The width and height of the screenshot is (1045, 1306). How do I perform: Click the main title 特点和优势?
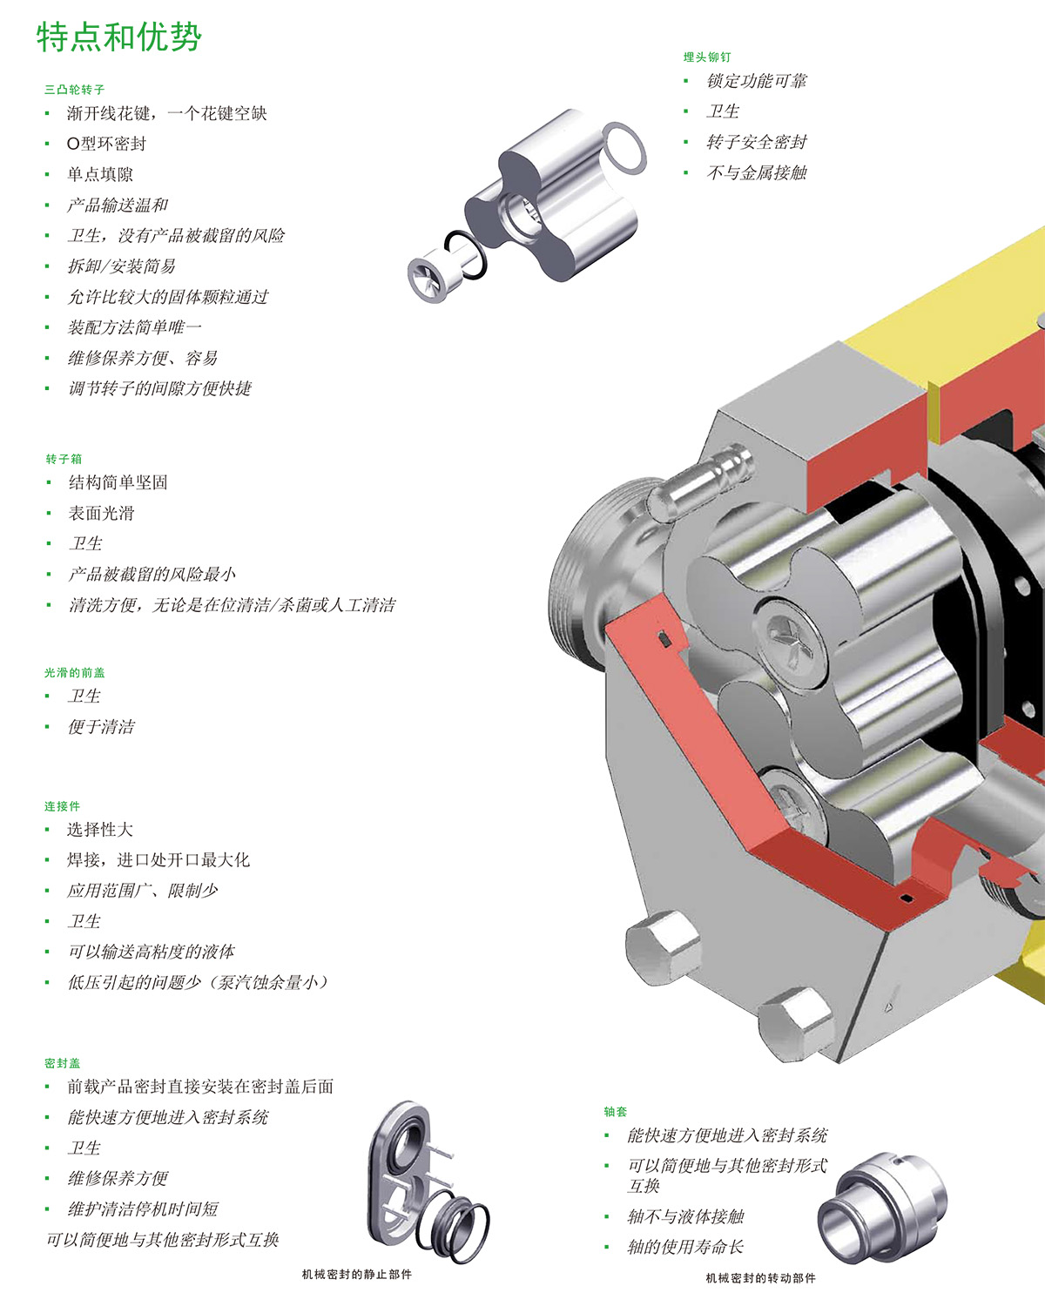(x=119, y=37)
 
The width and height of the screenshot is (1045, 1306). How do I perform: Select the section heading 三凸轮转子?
(x=75, y=89)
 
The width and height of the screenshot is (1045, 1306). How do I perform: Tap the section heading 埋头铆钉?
(x=706, y=57)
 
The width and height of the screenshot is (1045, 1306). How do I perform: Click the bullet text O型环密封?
(x=106, y=144)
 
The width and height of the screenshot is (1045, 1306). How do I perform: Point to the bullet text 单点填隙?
(x=100, y=174)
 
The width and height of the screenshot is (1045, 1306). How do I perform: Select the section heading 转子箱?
(x=64, y=459)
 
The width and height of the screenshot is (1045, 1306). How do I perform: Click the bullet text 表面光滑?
(x=101, y=513)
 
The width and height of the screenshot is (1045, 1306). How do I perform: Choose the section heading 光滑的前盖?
(x=75, y=672)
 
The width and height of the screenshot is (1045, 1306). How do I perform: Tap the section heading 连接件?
(x=62, y=806)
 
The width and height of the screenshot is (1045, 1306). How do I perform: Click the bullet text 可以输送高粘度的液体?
(x=152, y=952)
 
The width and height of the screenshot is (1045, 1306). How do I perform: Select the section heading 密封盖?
(x=62, y=1063)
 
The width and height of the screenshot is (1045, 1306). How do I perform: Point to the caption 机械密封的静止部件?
(x=356, y=1275)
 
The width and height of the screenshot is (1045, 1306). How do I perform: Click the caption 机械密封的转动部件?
(x=760, y=1278)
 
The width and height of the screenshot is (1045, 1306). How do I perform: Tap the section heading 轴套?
(x=615, y=1112)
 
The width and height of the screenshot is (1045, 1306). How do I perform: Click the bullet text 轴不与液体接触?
(x=685, y=1216)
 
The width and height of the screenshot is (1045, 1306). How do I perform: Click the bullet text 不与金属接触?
(x=756, y=172)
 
